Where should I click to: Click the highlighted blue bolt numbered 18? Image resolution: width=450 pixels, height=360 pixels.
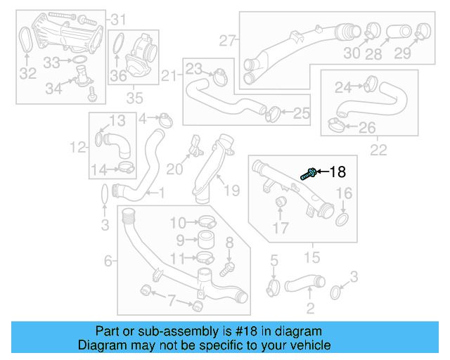307,173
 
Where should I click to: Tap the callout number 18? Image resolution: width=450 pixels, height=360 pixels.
337,171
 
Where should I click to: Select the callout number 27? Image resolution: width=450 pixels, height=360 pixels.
226,40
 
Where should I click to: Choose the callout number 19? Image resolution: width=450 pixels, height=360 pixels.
231,189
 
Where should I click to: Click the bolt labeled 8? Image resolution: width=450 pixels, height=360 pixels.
227,268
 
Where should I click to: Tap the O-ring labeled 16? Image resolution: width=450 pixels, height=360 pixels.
342,220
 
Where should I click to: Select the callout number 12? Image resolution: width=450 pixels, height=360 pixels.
77,146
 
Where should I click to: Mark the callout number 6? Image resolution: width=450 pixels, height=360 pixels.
108,261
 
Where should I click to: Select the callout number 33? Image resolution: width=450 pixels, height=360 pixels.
53,63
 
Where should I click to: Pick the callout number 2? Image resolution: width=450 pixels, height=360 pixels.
310,307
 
